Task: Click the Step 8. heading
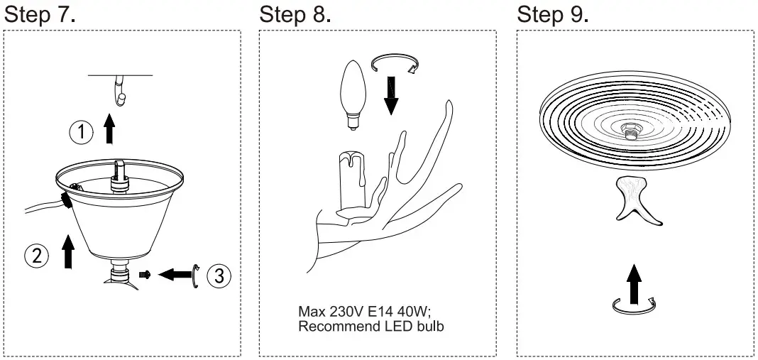point(295,15)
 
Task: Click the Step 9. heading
point(553,15)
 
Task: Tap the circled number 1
point(82,132)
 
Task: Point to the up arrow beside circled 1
point(109,130)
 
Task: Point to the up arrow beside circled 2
point(68,251)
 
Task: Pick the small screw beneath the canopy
point(146,274)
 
